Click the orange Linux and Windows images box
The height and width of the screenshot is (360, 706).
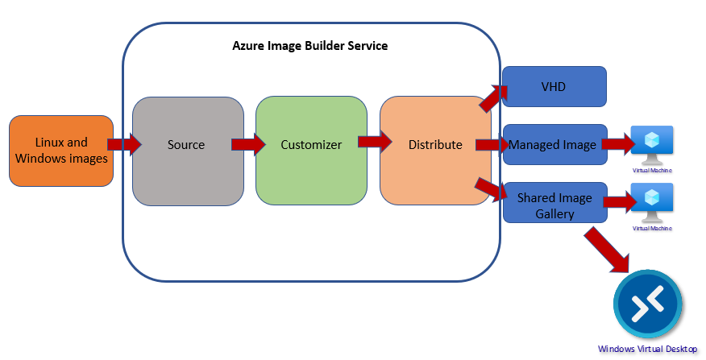61,151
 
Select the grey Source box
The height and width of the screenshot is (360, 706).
187,146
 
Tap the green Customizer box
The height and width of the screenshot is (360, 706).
311,146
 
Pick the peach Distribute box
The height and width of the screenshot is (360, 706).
435,146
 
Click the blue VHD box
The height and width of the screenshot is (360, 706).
554,86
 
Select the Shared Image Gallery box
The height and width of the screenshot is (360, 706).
554,205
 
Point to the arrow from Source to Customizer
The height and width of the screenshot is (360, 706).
248,145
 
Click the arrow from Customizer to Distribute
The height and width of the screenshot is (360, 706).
374,143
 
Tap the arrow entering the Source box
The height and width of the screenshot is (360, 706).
124,145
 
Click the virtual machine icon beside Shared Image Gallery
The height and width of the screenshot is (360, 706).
652,201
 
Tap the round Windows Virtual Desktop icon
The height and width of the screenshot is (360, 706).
647,305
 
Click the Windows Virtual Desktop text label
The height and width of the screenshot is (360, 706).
647,350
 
